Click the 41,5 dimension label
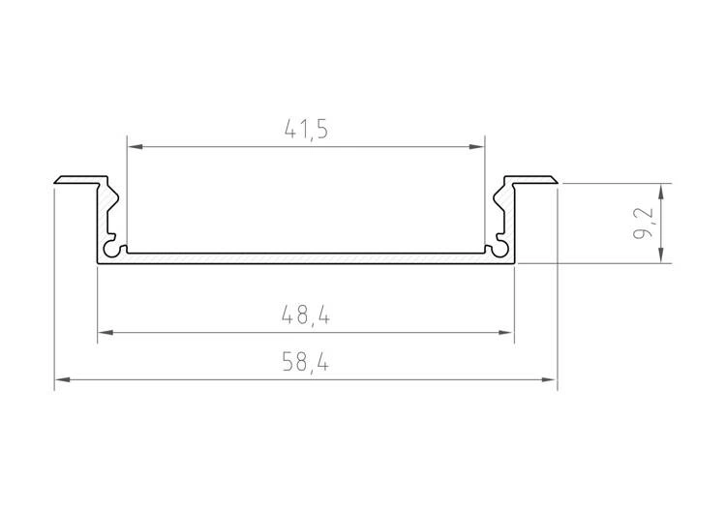point(306,129)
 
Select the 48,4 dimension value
point(306,315)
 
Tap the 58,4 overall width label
point(306,362)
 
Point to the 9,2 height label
point(644,224)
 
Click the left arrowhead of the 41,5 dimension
point(136,147)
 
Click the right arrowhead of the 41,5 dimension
point(476,147)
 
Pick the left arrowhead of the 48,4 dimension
point(106,332)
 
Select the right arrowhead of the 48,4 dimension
point(506,332)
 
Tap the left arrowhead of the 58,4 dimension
point(63,379)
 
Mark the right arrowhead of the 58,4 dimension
point(549,379)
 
